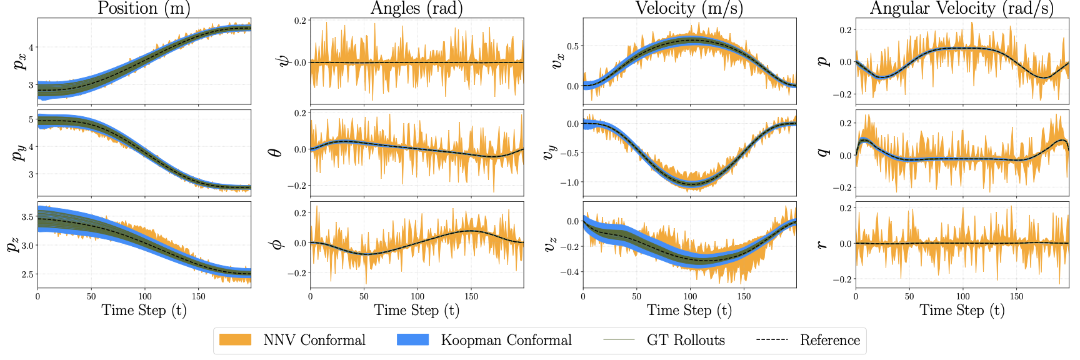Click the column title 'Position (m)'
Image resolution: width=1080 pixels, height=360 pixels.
click(144, 8)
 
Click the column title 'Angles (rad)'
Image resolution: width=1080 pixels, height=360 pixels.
click(417, 8)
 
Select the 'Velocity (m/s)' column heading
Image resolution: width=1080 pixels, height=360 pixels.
click(689, 8)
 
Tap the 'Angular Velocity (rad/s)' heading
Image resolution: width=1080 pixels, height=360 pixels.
click(961, 8)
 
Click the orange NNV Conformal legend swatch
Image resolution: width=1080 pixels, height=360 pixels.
click(235, 340)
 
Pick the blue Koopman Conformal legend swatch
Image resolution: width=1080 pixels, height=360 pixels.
click(412, 340)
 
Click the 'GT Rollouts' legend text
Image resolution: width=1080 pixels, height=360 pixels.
click(686, 341)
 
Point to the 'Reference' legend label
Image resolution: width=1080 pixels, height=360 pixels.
click(830, 341)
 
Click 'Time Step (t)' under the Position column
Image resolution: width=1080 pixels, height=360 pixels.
click(144, 311)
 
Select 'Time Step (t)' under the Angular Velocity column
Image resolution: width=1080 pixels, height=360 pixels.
click(961, 311)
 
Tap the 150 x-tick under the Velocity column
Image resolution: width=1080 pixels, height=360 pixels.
click(744, 296)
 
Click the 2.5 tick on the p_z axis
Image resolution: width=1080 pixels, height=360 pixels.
click(28, 274)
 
